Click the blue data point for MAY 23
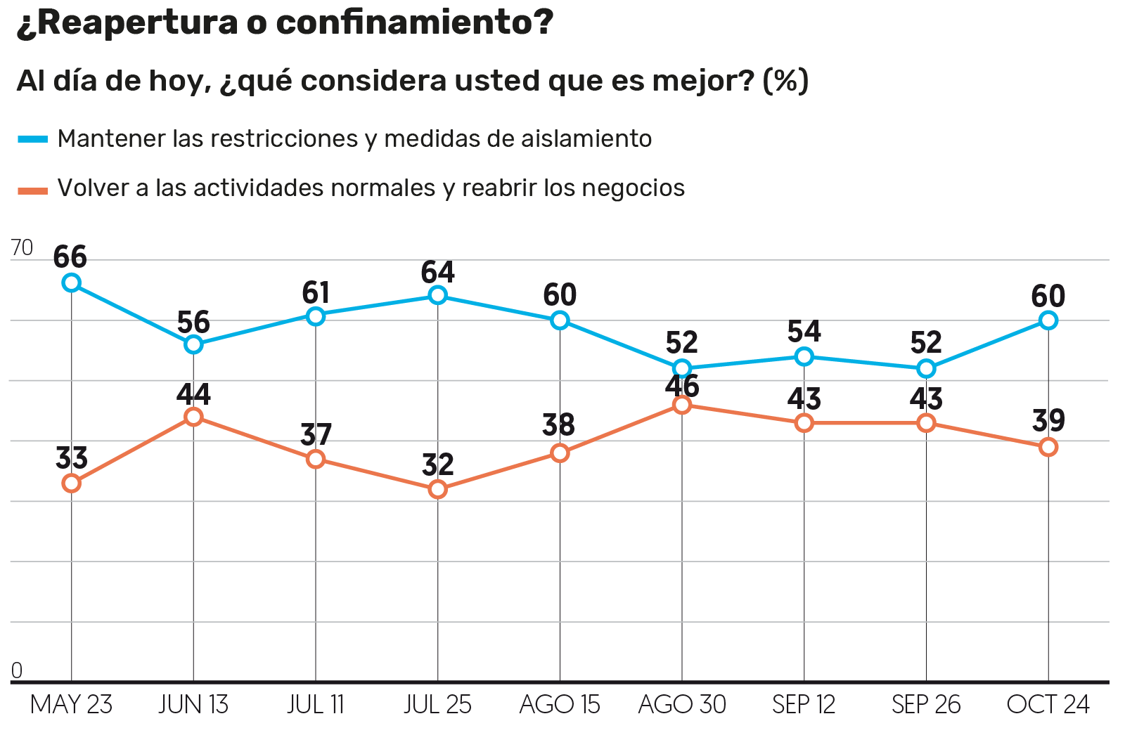(x=71, y=283)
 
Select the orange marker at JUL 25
(x=437, y=489)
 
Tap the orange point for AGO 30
(x=681, y=405)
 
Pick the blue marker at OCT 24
(x=1048, y=320)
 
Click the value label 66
(x=70, y=257)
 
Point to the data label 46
(x=682, y=387)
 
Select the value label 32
(x=437, y=465)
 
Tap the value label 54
(x=804, y=331)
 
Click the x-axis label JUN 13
(x=193, y=705)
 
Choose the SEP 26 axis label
(x=926, y=705)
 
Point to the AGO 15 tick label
(x=560, y=705)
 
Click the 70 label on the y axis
(x=22, y=247)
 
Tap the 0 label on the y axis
(x=17, y=671)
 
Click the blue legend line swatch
(x=32, y=139)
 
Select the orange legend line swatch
(x=32, y=189)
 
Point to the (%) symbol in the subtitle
(x=785, y=81)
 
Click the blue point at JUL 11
(x=316, y=316)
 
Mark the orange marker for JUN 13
(x=193, y=417)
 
